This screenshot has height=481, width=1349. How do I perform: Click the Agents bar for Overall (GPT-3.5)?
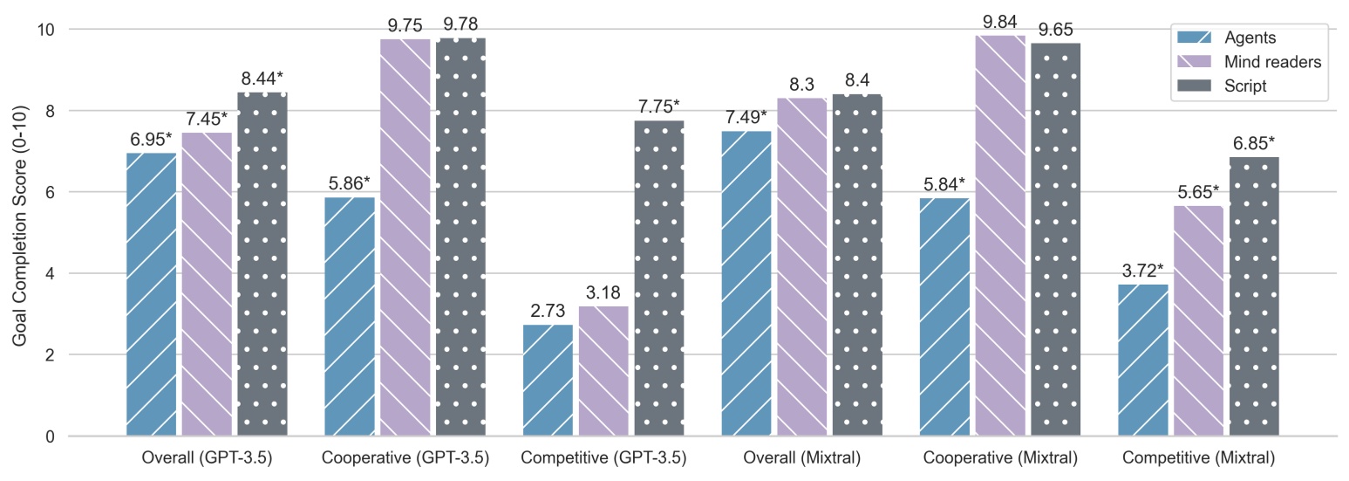click(152, 294)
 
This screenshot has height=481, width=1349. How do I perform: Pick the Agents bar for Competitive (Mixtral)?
click(1143, 360)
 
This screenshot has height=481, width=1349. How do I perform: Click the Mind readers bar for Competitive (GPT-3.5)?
click(603, 371)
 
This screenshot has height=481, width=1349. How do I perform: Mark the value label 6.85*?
click(1254, 143)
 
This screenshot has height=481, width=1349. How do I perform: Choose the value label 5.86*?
click(350, 183)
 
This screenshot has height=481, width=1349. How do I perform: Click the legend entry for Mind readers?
click(1272, 62)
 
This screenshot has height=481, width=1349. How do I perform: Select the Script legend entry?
click(1244, 86)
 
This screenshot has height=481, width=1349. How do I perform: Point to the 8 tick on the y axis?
click(49, 111)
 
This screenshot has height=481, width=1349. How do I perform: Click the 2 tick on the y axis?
click(49, 355)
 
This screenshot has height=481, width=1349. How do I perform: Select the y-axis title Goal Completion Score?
click(19, 232)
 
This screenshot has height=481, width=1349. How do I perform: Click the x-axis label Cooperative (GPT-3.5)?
click(405, 458)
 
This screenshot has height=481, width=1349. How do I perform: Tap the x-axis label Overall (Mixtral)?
click(801, 458)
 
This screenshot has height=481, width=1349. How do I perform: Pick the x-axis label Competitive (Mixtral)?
click(1198, 458)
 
